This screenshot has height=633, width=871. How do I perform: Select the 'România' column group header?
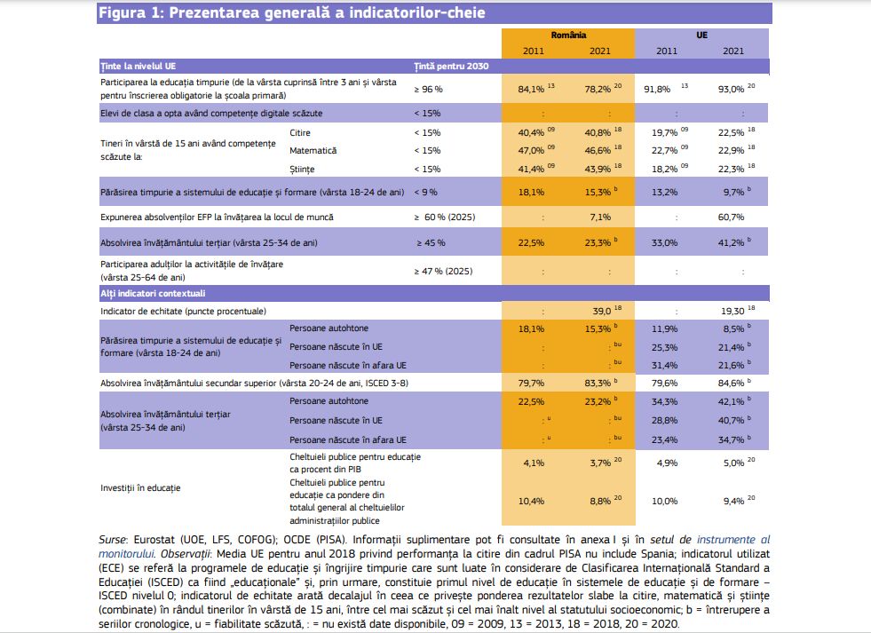pyautogui.click(x=568, y=35)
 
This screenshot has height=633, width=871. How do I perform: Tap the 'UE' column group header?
pyautogui.click(x=701, y=35)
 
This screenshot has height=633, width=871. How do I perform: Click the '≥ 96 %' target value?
pyautogui.click(x=428, y=89)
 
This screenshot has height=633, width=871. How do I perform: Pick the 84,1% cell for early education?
pyautogui.click(x=531, y=89)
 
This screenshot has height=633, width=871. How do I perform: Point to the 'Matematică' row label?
pyautogui.click(x=313, y=150)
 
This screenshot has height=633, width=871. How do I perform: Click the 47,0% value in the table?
pyautogui.click(x=531, y=150)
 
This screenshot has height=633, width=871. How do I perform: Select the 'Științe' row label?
pyautogui.click(x=302, y=169)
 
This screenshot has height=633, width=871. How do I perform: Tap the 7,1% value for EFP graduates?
pyautogui.click(x=600, y=218)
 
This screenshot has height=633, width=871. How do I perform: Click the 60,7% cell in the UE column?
pyautogui.click(x=731, y=218)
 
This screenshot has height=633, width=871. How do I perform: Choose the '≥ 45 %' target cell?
pyautogui.click(x=431, y=242)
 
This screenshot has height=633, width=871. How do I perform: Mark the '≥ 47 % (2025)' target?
pyautogui.click(x=443, y=271)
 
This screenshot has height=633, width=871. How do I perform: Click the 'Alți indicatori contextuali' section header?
pyautogui.click(x=153, y=293)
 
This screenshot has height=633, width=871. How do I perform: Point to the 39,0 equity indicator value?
pyautogui.click(x=602, y=312)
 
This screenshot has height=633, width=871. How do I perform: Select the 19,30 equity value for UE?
pyautogui.click(x=732, y=312)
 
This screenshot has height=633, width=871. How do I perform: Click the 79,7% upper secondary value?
pyautogui.click(x=531, y=384)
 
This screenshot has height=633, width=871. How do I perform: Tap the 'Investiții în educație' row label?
pyautogui.click(x=140, y=488)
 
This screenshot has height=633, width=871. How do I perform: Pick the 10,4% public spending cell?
pyautogui.click(x=531, y=501)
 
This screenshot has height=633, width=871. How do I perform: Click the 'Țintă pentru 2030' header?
pyautogui.click(x=451, y=66)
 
